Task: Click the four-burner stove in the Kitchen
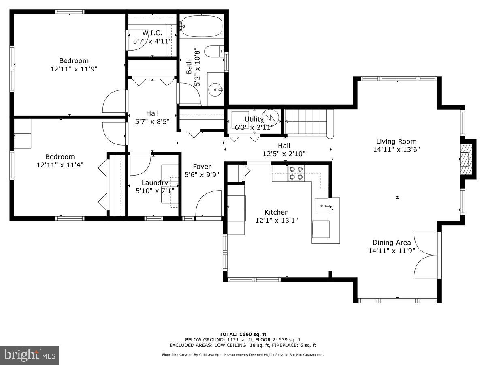(x=296, y=173)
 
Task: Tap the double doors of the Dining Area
(x=425, y=255)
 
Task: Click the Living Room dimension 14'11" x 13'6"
(x=396, y=149)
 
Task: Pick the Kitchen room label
(x=276, y=212)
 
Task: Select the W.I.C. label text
(x=152, y=33)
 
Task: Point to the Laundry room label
(x=154, y=182)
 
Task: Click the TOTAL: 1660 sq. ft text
(x=243, y=334)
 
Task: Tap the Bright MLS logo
(x=30, y=355)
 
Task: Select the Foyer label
(x=202, y=167)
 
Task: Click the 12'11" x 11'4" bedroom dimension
(x=60, y=165)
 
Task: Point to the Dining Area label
(x=392, y=243)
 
